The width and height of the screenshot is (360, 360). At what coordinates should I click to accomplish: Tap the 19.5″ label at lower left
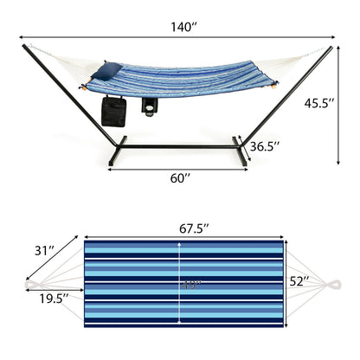click(54, 299)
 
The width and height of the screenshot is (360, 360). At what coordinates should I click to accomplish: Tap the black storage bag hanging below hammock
click(113, 111)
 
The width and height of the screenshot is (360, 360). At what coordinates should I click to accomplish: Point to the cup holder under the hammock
click(152, 107)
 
